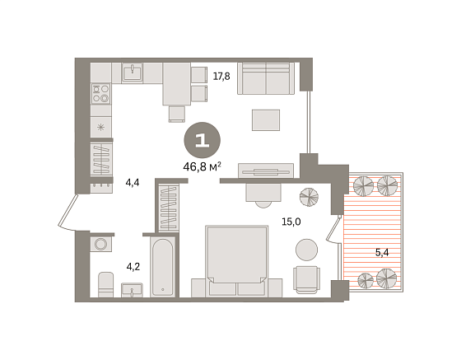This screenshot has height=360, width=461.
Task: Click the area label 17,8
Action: tap(221, 77)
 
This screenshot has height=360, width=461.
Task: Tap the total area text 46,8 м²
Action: tap(202, 167)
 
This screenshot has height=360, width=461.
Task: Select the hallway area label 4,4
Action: tap(133, 183)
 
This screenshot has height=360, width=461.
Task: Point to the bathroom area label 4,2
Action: tap(133, 267)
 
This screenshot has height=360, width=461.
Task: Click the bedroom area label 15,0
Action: tap(291, 222)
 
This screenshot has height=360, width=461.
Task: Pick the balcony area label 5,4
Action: tap(382, 252)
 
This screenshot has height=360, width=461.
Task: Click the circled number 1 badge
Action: tap(202, 140)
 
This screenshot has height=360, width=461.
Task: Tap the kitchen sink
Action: tap(133, 72)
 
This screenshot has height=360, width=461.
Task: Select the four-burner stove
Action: tap(100, 94)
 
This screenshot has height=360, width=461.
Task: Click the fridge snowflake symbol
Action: tap(100, 128)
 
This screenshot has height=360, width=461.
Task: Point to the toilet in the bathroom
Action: tap(105, 284)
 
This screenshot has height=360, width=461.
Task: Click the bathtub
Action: tap(163, 267)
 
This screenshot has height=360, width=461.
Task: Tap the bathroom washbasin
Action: tap(132, 290)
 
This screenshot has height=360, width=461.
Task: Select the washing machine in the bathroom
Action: tap(100, 244)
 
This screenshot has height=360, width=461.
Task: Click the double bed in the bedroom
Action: tap(237, 261)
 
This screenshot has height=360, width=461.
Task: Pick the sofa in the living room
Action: tap(266, 78)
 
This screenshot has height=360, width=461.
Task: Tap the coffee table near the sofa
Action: tap(266, 120)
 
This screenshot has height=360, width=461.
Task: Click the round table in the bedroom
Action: tap(306, 250)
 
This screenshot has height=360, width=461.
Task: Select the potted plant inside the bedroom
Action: tap(309, 197)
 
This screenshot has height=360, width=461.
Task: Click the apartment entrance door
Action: tap(68, 211)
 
